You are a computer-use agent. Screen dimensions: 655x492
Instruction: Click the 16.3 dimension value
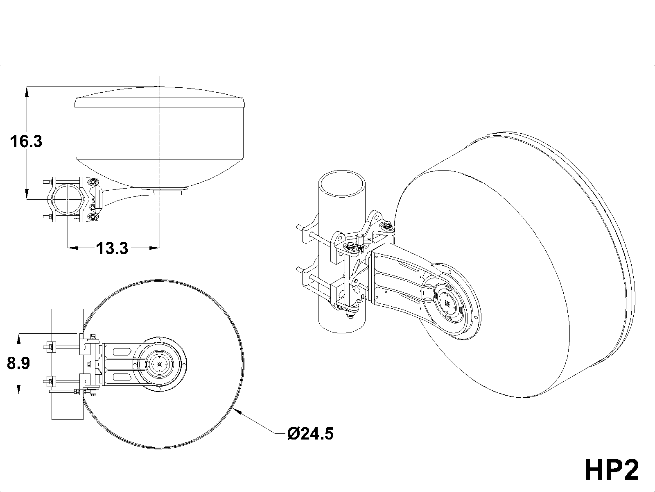26,141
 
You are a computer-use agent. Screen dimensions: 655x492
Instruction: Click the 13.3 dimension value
112,248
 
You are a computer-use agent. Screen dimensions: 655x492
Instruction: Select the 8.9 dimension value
18,364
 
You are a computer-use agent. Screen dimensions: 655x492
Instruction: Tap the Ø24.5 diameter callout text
310,433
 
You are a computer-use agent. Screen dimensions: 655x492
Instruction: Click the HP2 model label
612,469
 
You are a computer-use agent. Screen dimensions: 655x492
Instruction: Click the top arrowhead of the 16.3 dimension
27,91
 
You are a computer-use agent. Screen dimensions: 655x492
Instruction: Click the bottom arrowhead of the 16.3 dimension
27,194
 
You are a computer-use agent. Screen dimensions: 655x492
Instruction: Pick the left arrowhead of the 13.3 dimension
73,248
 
